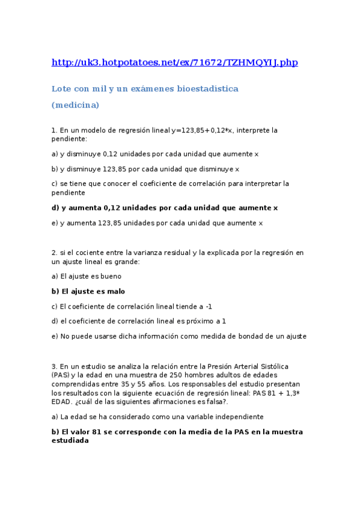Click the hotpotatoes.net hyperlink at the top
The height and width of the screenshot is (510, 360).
coord(174,62)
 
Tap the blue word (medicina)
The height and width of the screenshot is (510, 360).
coord(75,105)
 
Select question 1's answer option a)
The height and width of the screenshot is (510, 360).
coord(155,154)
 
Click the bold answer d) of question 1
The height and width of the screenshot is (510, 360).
coord(165,207)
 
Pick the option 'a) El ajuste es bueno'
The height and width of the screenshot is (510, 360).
coord(87,276)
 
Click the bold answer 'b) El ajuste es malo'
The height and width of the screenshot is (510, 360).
coord(88,291)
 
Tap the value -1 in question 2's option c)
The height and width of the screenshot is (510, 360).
coord(209,306)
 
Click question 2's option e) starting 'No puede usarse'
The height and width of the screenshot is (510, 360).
coord(179,336)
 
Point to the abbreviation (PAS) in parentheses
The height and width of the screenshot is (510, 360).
coord(62,374)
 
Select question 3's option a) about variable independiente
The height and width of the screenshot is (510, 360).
coord(157,416)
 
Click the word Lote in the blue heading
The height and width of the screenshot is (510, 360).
coord(61,88)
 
